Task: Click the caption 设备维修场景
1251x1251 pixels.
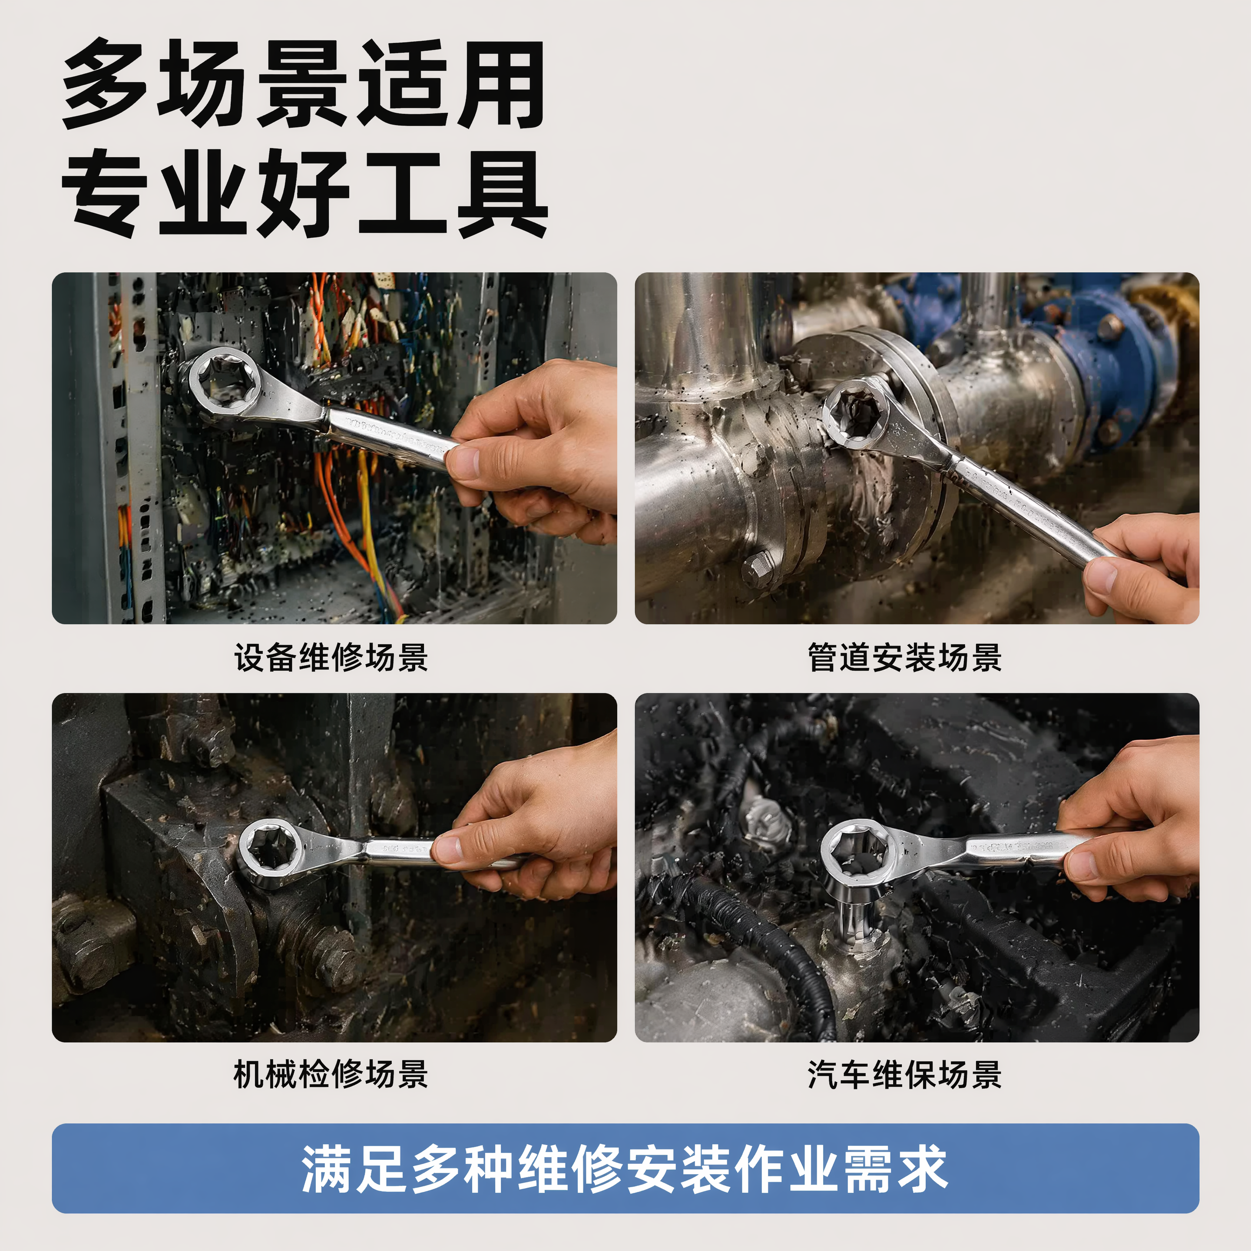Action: click(x=331, y=658)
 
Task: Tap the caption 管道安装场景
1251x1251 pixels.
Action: click(x=904, y=658)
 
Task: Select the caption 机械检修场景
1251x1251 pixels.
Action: click(x=331, y=1075)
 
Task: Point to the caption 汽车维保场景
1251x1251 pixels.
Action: click(x=904, y=1075)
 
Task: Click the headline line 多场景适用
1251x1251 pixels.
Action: click(x=303, y=84)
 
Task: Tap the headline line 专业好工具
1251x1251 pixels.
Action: click(x=304, y=193)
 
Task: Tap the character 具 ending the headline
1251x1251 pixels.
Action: click(x=503, y=193)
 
